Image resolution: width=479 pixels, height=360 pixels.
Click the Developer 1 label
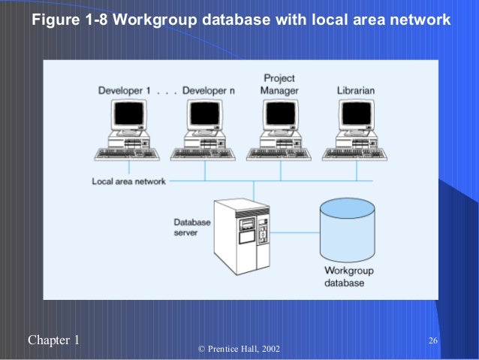click(x=125, y=91)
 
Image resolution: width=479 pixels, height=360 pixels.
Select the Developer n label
click(x=208, y=91)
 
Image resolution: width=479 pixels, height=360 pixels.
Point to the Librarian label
click(x=356, y=91)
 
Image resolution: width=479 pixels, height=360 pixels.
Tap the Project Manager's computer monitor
click(x=279, y=115)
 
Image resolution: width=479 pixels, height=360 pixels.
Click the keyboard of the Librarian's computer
click(x=354, y=154)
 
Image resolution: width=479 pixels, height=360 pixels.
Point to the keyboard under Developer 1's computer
click(x=127, y=154)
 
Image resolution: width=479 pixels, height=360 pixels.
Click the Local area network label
click(x=128, y=181)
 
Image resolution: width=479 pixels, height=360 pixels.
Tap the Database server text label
click(x=192, y=228)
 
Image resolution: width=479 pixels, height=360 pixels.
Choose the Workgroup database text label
click(x=348, y=277)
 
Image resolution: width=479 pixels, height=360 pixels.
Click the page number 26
click(x=433, y=342)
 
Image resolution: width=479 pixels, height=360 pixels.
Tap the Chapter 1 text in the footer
click(x=53, y=340)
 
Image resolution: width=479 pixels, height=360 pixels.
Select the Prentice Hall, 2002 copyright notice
click(x=239, y=349)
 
